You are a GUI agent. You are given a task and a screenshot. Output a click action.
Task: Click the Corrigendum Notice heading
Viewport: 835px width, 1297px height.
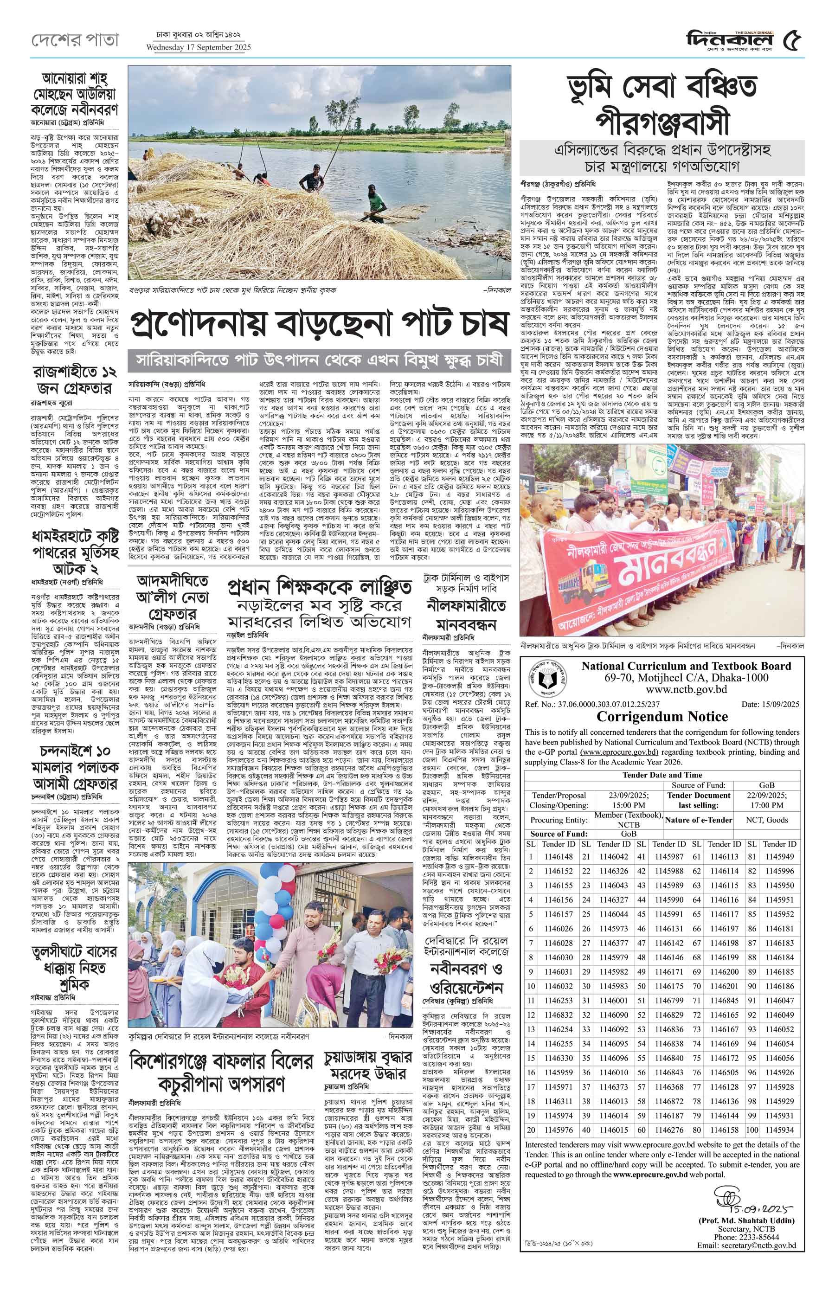662,716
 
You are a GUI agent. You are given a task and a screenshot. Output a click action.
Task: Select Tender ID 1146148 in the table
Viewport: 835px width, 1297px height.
558,857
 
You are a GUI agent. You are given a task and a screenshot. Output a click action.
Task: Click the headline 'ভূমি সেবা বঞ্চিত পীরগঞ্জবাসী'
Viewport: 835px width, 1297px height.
662,103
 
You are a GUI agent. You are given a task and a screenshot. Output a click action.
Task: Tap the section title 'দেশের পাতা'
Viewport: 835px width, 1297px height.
74,39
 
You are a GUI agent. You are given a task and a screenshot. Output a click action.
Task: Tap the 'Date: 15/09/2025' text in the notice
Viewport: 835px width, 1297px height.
770,704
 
